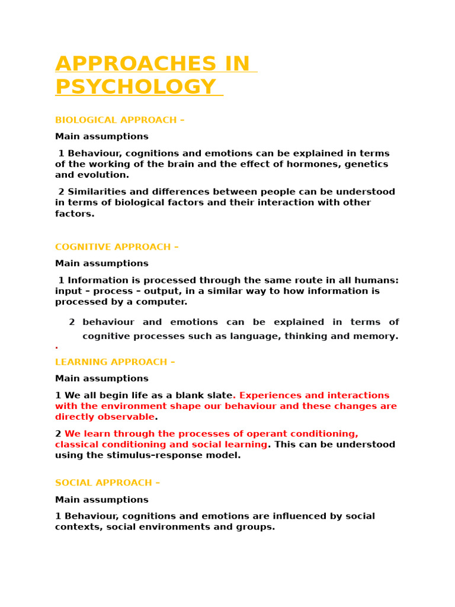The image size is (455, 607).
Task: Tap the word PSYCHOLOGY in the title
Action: pyautogui.click(x=136, y=87)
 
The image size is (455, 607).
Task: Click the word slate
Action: pyautogui.click(x=219, y=395)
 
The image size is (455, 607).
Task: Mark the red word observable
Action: pyautogui.click(x=124, y=417)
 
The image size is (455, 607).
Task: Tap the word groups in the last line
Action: pyautogui.click(x=257, y=526)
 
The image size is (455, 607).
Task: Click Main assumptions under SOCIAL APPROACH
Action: pyautogui.click(x=102, y=500)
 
